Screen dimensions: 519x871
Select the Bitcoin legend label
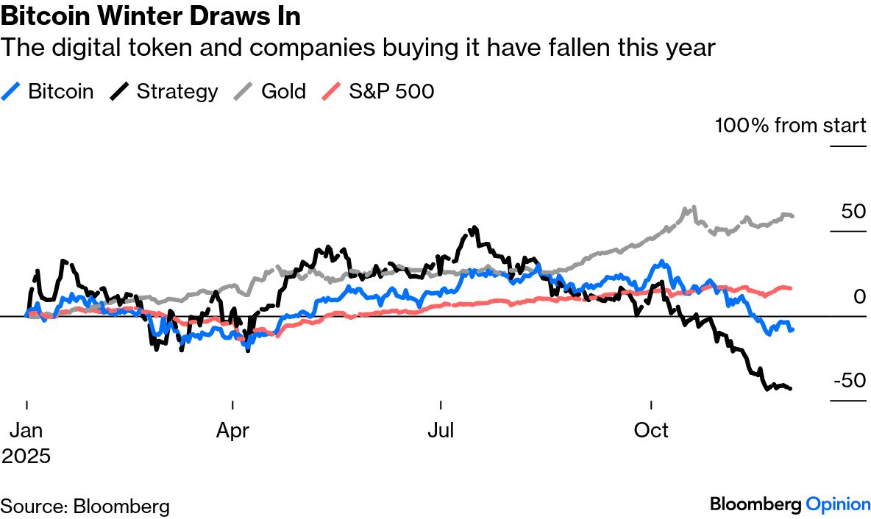(x=60, y=91)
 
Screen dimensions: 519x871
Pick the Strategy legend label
(x=177, y=91)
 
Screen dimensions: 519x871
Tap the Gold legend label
(x=283, y=91)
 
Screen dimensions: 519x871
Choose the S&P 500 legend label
(x=392, y=91)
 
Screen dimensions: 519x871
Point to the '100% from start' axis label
(x=790, y=126)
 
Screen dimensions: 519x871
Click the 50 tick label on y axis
(x=853, y=212)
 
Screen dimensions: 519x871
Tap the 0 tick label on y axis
(x=860, y=296)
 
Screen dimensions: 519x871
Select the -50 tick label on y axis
(x=850, y=381)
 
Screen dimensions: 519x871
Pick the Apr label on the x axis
(x=232, y=429)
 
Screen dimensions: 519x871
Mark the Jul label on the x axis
(x=441, y=429)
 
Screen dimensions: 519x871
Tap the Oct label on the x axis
(x=651, y=429)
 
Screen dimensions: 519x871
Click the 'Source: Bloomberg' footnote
(x=85, y=506)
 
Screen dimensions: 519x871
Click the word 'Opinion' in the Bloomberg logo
(x=838, y=504)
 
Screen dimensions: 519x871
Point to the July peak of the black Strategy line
(x=474, y=228)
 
